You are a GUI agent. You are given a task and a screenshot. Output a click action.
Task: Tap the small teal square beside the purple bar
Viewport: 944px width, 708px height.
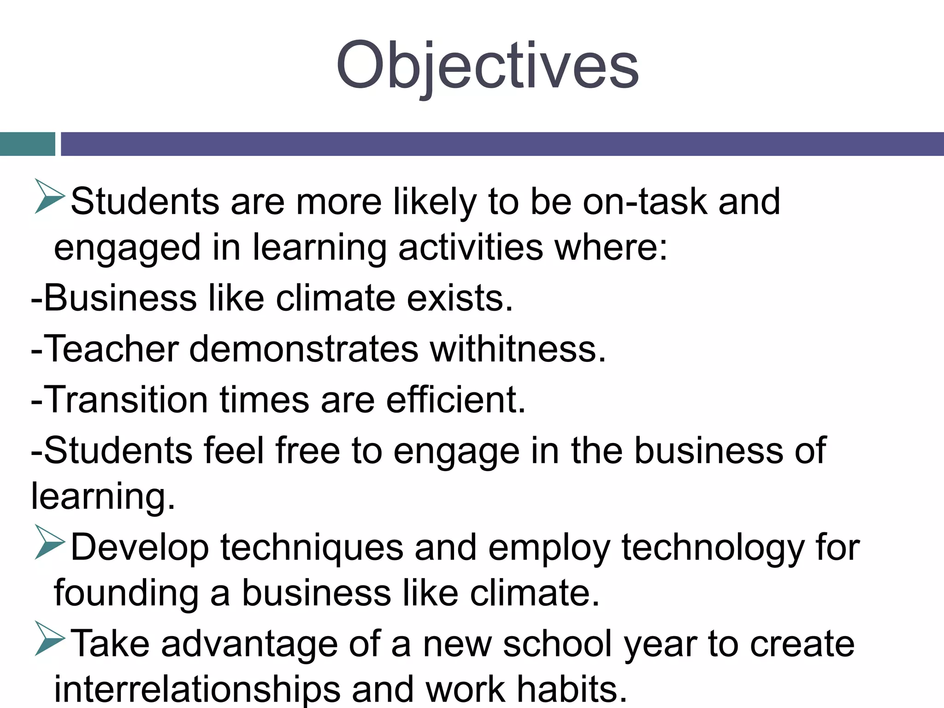27,144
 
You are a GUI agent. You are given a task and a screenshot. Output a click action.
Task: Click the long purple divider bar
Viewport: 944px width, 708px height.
501,144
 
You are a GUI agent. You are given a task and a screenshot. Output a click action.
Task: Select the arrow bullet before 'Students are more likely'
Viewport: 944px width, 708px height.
49,197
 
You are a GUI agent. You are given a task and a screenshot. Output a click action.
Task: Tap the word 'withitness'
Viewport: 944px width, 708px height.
516,349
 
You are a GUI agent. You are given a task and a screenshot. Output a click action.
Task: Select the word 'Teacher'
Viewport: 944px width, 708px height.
111,349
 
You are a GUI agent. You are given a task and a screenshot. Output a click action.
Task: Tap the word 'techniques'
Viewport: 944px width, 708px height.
312,548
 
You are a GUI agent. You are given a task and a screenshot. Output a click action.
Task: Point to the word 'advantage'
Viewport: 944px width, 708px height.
249,644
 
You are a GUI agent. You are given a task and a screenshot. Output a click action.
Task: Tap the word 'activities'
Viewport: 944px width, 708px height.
471,248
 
